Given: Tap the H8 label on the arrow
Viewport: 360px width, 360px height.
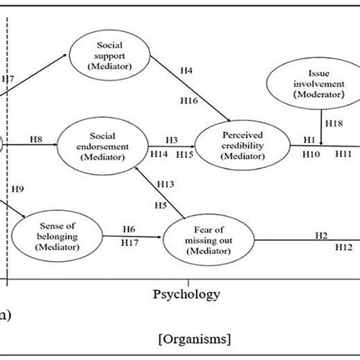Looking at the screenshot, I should [x=36, y=138].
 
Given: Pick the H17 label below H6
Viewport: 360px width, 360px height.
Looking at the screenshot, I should [x=130, y=242].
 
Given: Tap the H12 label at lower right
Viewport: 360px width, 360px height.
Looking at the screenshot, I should [x=345, y=247].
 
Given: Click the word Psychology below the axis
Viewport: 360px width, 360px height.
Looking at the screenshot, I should [x=187, y=293].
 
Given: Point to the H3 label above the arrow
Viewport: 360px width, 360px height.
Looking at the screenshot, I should [x=172, y=140].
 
